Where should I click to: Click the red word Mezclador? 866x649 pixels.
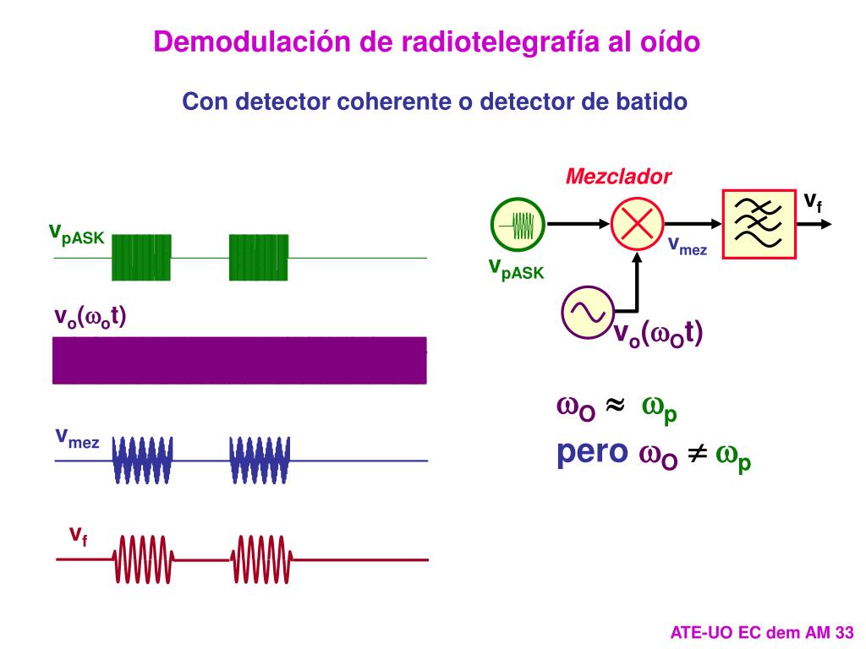[618, 177]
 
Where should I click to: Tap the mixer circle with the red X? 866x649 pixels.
[636, 224]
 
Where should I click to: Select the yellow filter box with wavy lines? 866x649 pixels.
[759, 224]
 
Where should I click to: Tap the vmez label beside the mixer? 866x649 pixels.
[688, 246]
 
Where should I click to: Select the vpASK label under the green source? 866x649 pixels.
[517, 268]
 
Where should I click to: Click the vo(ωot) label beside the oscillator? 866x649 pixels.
[658, 334]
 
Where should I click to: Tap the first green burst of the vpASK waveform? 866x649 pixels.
[142, 257]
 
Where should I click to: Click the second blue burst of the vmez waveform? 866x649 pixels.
[260, 461]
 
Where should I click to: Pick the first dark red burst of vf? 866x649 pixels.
[144, 559]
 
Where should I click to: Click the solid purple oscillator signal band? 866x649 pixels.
[239, 360]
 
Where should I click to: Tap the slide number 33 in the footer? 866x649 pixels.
[844, 632]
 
